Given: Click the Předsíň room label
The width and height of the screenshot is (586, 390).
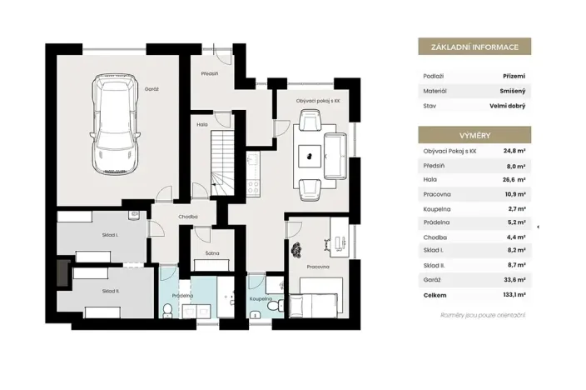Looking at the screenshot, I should coord(209,73).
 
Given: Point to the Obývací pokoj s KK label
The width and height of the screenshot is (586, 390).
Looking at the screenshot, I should coord(318,100).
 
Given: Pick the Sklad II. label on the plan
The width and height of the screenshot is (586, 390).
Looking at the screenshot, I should coord(110,291).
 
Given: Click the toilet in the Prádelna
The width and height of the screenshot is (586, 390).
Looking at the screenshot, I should coord(168,311).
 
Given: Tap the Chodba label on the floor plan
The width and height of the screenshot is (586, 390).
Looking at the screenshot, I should coord(188,216).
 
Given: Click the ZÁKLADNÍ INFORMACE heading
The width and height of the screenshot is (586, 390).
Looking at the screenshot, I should coord(474,47).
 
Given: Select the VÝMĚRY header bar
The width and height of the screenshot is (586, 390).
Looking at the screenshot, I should coord(474,134).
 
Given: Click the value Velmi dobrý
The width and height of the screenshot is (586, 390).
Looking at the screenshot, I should coord(507,106).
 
